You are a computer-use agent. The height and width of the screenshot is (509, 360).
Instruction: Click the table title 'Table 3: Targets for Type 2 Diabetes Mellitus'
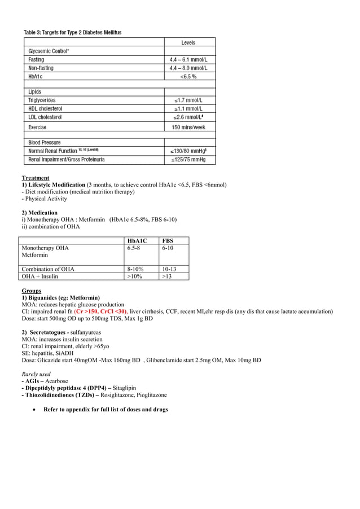pyautogui.click(x=72, y=32)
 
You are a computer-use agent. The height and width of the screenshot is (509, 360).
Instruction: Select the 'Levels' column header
pyautogui.click(x=189, y=42)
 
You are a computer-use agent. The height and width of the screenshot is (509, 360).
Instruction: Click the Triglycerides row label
pyautogui.click(x=42, y=100)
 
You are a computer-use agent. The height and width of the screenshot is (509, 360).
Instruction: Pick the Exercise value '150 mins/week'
pyautogui.click(x=189, y=127)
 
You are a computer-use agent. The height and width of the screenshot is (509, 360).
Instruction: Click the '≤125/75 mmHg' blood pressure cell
pyautogui.click(x=189, y=160)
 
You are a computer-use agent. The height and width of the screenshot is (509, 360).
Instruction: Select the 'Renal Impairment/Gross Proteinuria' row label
pyautogui.click(x=67, y=160)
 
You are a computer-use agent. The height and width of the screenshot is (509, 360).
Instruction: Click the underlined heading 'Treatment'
pyautogui.click(x=35, y=178)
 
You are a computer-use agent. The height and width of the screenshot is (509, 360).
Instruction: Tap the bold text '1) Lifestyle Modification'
pyautogui.click(x=53, y=185)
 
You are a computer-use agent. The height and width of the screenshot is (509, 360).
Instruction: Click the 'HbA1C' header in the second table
pyautogui.click(x=137, y=241)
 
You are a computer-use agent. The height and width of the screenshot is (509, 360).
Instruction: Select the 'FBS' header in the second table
pyautogui.click(x=168, y=241)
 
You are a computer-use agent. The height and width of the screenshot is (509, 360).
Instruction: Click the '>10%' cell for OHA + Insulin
pyautogui.click(x=135, y=277)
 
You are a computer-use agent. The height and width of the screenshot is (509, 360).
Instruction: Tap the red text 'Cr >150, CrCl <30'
pyautogui.click(x=100, y=311)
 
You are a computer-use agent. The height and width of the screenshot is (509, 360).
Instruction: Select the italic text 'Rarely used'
pyautogui.click(x=36, y=374)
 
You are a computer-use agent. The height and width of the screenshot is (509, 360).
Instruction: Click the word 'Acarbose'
pyautogui.click(x=56, y=381)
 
